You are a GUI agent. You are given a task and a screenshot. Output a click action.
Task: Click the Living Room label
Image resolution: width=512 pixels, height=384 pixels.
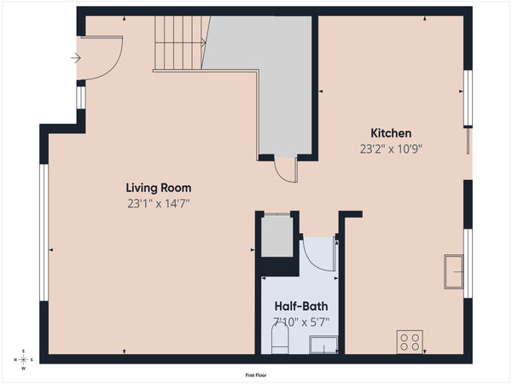[x=158, y=188]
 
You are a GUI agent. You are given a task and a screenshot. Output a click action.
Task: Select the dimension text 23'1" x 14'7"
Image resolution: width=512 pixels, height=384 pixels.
[x=158, y=203]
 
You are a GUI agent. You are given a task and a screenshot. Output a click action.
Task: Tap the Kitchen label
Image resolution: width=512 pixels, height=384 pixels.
[x=391, y=133]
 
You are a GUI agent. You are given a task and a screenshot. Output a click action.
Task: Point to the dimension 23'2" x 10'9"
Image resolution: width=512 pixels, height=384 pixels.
[x=391, y=148]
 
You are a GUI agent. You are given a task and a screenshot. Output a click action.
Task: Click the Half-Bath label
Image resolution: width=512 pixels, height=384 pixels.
[x=300, y=306]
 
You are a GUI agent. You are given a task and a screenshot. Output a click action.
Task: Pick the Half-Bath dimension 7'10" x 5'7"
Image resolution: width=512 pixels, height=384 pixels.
[x=300, y=322]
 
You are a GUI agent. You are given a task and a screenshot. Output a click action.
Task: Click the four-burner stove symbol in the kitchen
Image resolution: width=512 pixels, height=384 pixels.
[x=410, y=341]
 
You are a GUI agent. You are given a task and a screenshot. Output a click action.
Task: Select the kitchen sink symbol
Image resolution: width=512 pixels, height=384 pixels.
[x=452, y=272]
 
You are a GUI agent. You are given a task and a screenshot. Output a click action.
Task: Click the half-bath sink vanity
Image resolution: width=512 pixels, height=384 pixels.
[x=323, y=345]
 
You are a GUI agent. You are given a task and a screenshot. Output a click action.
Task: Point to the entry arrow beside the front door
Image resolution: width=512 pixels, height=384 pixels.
[x=75, y=58]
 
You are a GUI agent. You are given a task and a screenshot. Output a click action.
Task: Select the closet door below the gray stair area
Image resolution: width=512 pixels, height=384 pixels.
[x=285, y=169]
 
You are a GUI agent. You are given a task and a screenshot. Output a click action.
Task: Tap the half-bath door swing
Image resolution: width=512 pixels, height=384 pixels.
[x=320, y=253]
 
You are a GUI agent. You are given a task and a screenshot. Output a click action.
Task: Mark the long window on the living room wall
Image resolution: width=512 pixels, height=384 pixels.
[x=44, y=232]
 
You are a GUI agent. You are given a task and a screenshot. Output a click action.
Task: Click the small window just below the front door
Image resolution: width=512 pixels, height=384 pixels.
[x=80, y=98]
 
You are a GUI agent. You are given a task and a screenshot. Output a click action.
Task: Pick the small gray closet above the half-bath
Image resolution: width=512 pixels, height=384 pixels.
[x=276, y=238]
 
